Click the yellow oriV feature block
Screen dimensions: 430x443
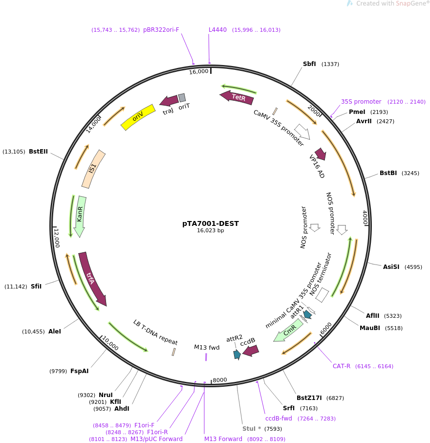pos(138,117)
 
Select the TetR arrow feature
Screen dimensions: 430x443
pos(237,97)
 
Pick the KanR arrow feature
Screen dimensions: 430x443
pos(80,217)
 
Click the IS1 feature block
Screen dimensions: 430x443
pos(93,169)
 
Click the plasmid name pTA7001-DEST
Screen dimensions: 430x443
pos(210,223)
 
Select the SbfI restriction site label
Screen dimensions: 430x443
pos(309,64)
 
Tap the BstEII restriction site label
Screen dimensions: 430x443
pos(38,152)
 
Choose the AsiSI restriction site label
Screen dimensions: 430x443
pos(391,266)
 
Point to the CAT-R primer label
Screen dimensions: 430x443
pos(342,366)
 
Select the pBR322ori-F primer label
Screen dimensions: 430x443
pos(161,30)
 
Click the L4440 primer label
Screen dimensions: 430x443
pos(217,30)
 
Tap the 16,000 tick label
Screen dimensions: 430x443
pos(198,72)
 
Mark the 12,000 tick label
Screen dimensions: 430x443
pos(57,238)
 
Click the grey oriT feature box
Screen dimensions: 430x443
pos(182,98)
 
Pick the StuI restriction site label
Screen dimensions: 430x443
pos(249,429)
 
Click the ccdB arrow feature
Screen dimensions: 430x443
pos(251,351)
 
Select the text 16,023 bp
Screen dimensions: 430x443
pos(210,230)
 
